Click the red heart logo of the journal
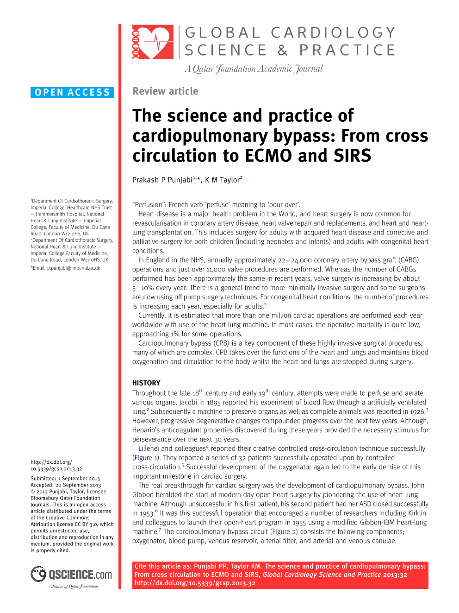153,42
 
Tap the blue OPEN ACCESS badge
73,92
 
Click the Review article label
165,91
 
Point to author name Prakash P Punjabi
162,180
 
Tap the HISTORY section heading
146,383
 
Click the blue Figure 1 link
146,458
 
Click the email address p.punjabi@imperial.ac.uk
73,268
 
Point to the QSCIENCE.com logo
72,575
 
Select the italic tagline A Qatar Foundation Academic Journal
254,69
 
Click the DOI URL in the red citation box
195,583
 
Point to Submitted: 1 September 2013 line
65,478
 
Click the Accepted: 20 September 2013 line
66,485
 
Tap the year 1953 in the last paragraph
146,513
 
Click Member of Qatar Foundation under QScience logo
74,587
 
